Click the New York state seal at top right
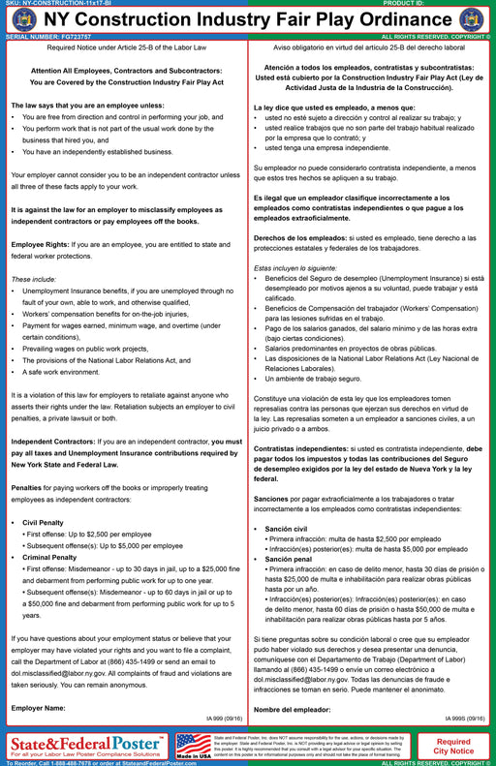(x=471, y=20)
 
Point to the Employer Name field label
(x=38, y=707)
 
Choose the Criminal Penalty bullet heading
(x=53, y=557)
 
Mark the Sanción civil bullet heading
(x=288, y=529)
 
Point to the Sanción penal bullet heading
(x=289, y=559)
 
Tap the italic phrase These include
(x=34, y=278)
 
